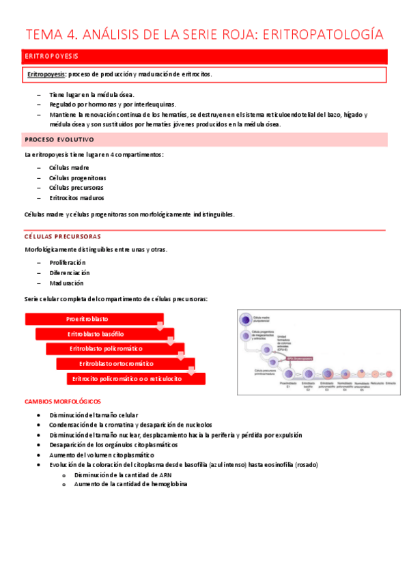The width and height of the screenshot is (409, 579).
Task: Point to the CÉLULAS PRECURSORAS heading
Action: pos(61,236)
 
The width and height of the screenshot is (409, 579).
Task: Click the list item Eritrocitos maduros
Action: pos(76,198)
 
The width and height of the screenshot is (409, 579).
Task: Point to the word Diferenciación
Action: pos(70,272)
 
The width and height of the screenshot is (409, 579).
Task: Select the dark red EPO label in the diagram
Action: pos(299,358)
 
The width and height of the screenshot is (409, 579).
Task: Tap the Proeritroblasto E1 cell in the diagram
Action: pos(289,373)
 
